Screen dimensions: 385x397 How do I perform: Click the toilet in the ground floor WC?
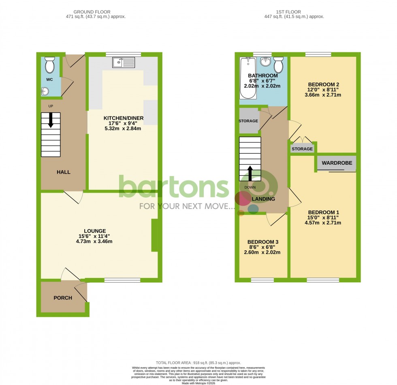point(50,65)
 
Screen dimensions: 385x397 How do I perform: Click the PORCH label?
point(63,298)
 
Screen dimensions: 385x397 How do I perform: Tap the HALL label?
point(64,172)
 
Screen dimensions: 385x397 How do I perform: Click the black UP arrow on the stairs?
point(51,120)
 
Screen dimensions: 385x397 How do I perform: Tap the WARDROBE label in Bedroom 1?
point(337,163)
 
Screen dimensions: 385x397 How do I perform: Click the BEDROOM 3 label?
point(263,242)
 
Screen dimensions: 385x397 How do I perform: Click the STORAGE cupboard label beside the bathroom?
point(248,121)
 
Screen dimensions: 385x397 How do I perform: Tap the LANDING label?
point(263,199)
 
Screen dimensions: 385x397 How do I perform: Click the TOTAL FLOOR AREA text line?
point(198,363)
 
